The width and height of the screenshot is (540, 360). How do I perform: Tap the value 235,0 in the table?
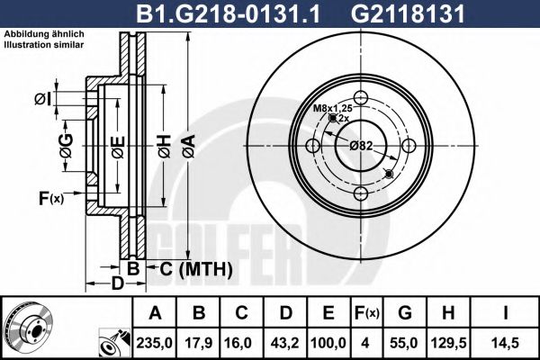pyautogui.click(x=154, y=342)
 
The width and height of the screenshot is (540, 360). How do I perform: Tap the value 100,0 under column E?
pyautogui.click(x=328, y=342)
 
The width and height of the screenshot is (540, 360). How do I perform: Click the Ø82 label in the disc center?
pyautogui.click(x=361, y=145)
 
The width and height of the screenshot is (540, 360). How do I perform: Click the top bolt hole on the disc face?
pyautogui.click(x=361, y=99)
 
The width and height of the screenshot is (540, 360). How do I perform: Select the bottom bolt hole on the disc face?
pyautogui.click(x=361, y=193)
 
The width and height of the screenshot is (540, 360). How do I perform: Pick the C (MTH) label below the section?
pyautogui.click(x=196, y=268)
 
